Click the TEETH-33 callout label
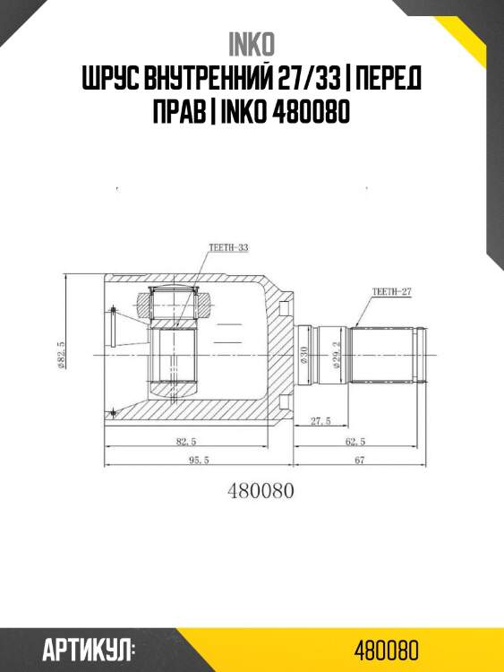point(228,247)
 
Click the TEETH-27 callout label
point(391,292)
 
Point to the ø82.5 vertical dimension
point(61,355)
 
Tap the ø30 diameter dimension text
point(305,356)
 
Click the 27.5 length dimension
point(320,421)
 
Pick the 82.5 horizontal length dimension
point(186,441)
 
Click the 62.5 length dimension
point(355,441)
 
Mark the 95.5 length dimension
point(198,460)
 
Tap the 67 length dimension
point(360,460)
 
